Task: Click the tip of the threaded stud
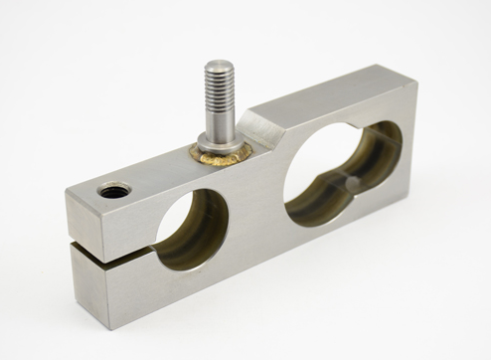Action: click(219, 65)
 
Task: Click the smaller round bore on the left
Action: click(192, 230)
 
